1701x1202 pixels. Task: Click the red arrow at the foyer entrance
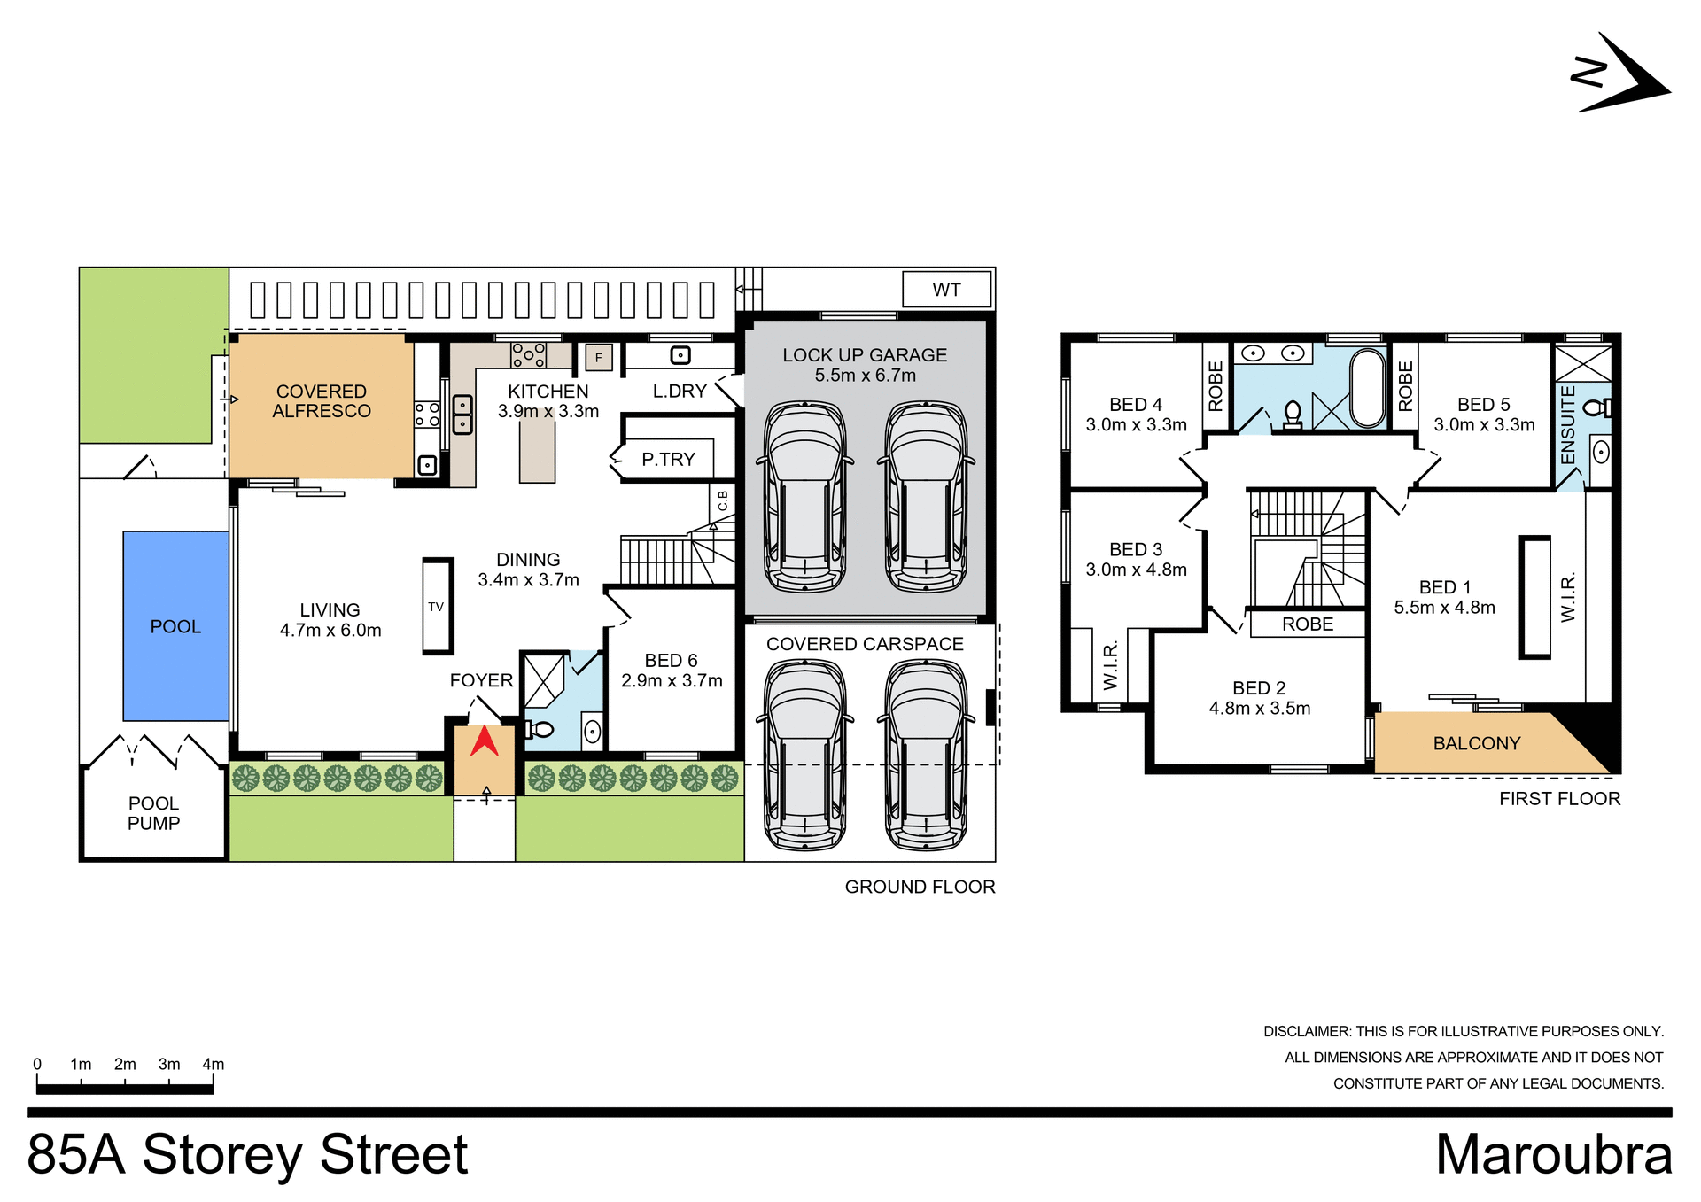(x=484, y=741)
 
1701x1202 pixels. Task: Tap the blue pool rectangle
(x=175, y=625)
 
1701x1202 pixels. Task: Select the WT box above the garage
(x=946, y=290)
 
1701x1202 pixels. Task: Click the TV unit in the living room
(x=437, y=607)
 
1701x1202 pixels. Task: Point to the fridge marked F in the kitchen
(x=599, y=358)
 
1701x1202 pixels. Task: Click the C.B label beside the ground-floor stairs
(x=723, y=501)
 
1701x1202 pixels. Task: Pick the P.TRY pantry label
(x=668, y=460)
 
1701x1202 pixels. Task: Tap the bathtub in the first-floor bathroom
(x=1367, y=388)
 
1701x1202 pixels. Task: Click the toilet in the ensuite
(x=1596, y=408)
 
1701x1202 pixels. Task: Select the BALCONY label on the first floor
(x=1476, y=743)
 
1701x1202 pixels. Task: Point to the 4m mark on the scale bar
(x=214, y=1065)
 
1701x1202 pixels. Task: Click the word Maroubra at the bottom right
(x=1553, y=1154)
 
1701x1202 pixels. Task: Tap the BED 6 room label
(x=671, y=661)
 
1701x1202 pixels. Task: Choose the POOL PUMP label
(x=153, y=813)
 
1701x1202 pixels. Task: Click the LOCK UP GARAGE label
(x=864, y=355)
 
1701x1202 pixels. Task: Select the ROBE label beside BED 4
(x=1216, y=386)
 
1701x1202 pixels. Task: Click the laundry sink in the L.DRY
(x=680, y=355)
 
